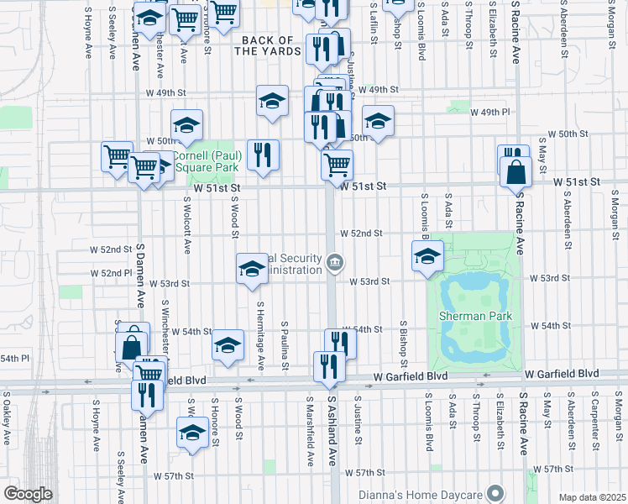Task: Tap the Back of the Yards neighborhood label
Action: pyautogui.click(x=267, y=45)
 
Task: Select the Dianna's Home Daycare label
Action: pyautogui.click(x=427, y=492)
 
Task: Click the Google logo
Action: pyautogui.click(x=27, y=494)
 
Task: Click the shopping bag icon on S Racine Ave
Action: pyautogui.click(x=515, y=171)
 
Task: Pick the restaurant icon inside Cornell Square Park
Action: pyautogui.click(x=264, y=155)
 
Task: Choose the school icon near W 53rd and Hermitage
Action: pyautogui.click(x=252, y=269)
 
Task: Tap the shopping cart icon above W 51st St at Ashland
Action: pyautogui.click(x=337, y=164)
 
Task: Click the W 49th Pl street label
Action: pyautogui.click(x=489, y=112)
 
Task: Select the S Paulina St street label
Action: pyautogui.click(x=285, y=345)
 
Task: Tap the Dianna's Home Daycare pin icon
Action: pyautogui.click(x=496, y=492)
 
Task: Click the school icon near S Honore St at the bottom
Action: pyautogui.click(x=192, y=433)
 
